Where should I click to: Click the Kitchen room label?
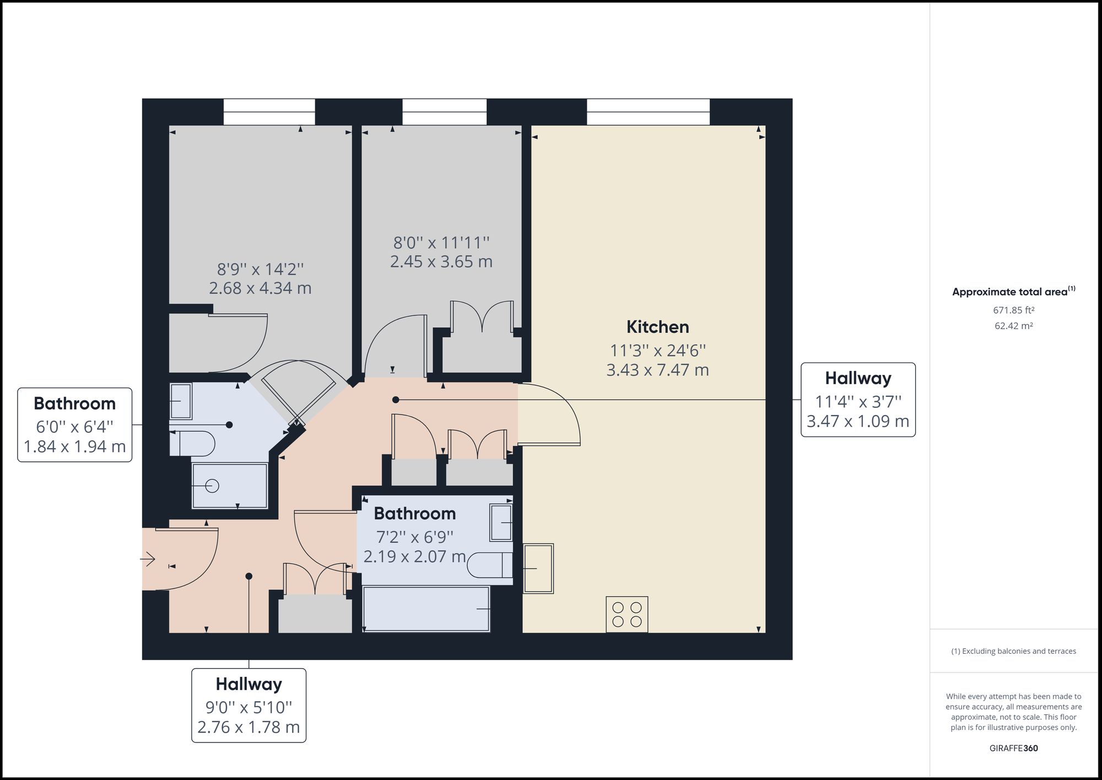(657, 327)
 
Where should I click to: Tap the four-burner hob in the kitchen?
(626, 614)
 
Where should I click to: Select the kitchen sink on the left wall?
(538, 568)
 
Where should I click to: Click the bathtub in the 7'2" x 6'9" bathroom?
(426, 609)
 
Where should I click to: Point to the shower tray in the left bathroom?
(229, 486)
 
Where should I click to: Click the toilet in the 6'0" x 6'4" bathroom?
(193, 444)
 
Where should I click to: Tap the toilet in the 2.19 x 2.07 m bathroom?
(490, 565)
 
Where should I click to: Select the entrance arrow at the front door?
(147, 560)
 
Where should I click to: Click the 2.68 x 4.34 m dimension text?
(260, 288)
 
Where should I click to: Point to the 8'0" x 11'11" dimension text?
(441, 243)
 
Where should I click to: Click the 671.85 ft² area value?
(1013, 310)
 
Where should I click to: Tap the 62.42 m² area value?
(1013, 326)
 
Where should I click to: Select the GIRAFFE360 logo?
(1013, 748)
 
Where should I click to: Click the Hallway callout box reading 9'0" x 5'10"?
(249, 705)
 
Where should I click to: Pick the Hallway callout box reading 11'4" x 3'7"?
(857, 400)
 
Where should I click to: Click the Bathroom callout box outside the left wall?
(75, 424)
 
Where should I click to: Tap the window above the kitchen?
(648, 112)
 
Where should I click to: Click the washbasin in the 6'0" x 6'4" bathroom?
(180, 401)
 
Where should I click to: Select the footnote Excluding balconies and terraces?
(1013, 651)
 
